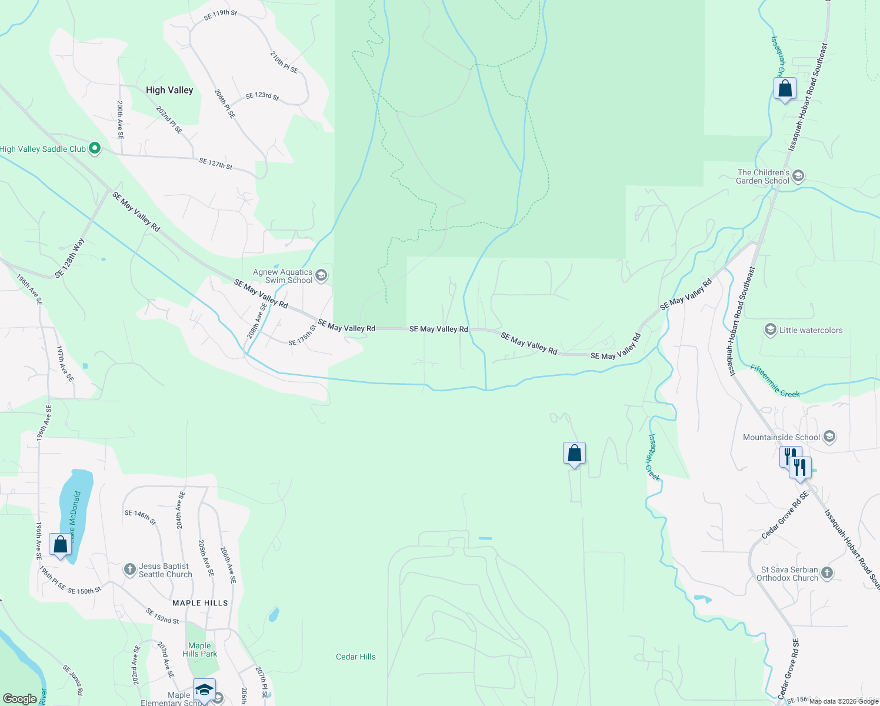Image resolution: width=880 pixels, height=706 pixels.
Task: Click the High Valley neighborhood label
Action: (169, 90)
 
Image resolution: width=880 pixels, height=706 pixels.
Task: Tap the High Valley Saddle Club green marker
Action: (95, 149)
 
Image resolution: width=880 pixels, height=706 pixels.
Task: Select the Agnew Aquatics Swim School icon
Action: (321, 275)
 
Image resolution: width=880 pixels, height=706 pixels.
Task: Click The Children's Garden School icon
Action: (798, 176)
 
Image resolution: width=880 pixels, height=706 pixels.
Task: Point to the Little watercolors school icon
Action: (770, 330)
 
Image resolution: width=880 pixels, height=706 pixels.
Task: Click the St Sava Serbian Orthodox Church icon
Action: (827, 573)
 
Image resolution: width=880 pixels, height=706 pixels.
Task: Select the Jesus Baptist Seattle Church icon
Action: (130, 570)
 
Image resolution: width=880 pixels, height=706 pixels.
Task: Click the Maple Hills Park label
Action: (199, 650)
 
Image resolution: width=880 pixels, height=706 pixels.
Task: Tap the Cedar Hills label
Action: (355, 657)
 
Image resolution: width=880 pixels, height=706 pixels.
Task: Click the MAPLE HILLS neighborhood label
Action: (200, 603)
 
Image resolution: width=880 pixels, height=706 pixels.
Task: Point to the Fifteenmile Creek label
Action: (775, 381)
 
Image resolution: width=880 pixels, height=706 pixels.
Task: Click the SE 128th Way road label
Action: (70, 258)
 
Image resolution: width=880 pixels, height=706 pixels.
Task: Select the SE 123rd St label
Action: (262, 96)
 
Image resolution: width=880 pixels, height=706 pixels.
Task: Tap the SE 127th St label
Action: (216, 164)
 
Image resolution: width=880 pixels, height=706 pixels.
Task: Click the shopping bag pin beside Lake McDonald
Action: (60, 544)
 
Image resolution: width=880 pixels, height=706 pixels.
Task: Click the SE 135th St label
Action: (302, 336)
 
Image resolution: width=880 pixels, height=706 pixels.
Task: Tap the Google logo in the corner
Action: (19, 698)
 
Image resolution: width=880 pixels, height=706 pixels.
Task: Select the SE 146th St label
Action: (140, 517)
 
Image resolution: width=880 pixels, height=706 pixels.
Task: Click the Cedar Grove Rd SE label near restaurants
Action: (785, 515)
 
